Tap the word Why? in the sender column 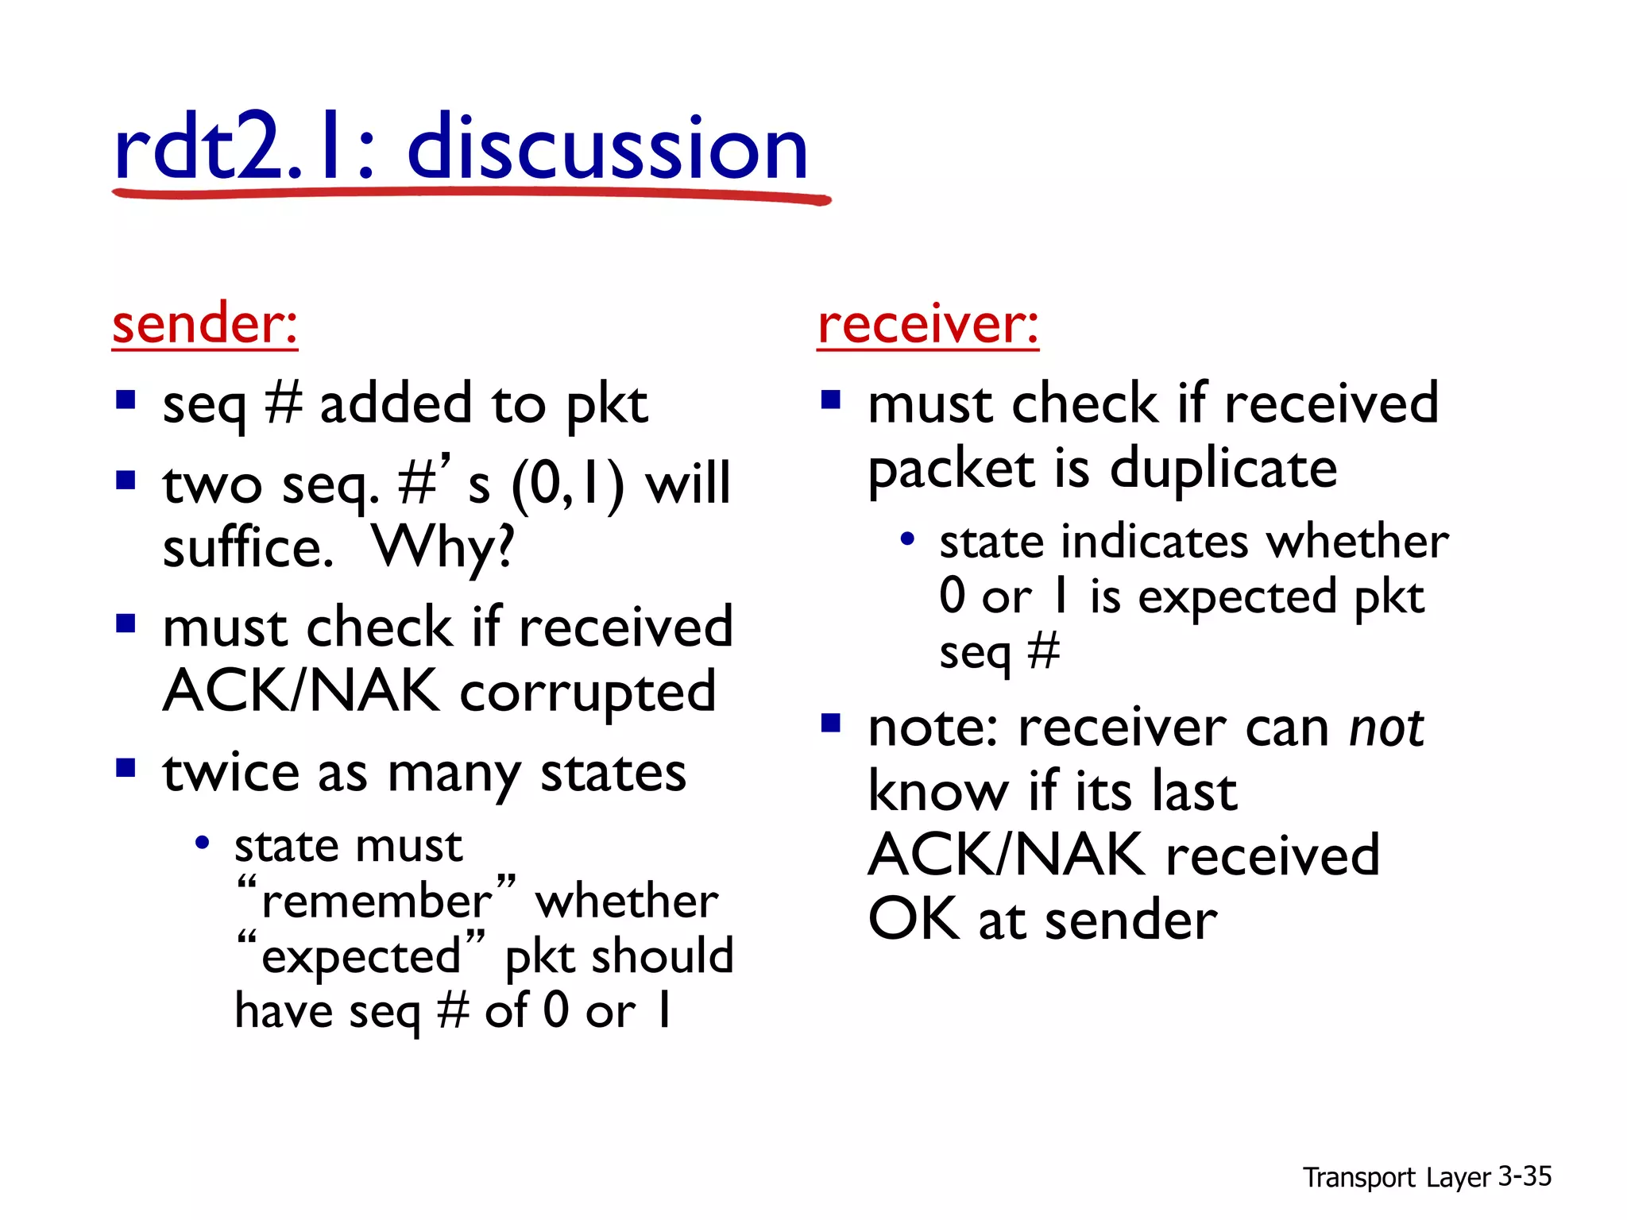pos(443,548)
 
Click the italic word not pos(1386,728)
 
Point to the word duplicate pos(1223,469)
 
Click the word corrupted pos(588,691)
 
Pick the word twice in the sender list pos(231,772)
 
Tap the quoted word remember pos(377,901)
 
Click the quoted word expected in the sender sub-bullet pos(361,956)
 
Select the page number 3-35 pos(1525,1176)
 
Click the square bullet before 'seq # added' pos(126,399)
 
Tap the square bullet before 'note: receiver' pos(831,723)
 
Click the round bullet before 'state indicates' pos(907,540)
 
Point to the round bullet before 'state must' pos(202,844)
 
